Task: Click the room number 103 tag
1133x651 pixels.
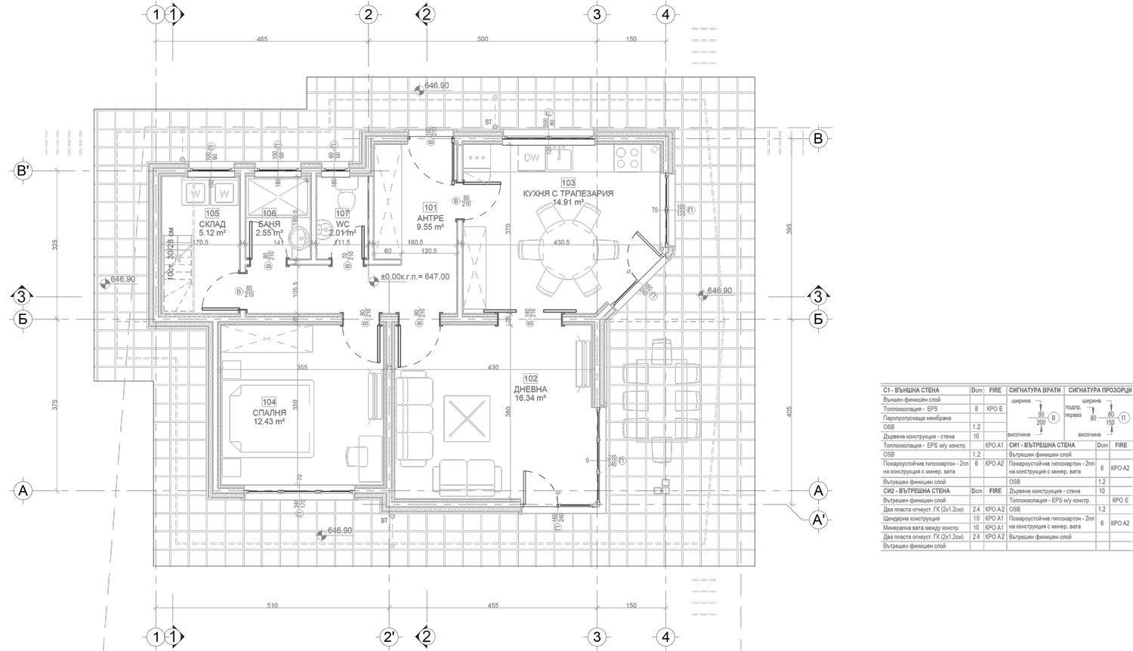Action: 568,183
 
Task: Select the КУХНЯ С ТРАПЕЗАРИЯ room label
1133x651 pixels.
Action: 568,193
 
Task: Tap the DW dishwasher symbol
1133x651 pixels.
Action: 531,158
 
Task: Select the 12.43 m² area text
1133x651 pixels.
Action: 269,422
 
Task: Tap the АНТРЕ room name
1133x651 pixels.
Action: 430,218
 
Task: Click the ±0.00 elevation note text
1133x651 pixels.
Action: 415,277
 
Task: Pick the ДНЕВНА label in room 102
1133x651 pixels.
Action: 530,389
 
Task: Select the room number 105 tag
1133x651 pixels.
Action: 212,214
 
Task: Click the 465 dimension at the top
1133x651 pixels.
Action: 262,39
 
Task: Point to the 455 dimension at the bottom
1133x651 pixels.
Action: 492,606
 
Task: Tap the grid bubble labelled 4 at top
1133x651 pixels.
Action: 665,14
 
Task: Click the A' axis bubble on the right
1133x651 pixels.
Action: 817,520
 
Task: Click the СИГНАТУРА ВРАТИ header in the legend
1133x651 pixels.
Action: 1035,390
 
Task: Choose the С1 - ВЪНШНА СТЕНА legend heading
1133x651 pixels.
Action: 911,390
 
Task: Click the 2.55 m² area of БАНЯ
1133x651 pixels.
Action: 269,233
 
